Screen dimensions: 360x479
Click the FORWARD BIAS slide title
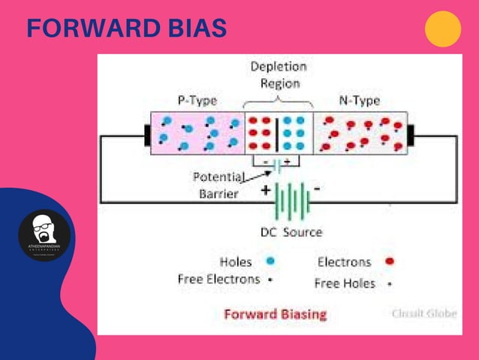coord(126,29)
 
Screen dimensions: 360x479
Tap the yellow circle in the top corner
coord(442,29)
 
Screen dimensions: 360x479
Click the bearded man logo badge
coord(44,235)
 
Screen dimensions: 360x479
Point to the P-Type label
coord(197,100)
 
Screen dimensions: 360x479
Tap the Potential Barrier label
coord(218,186)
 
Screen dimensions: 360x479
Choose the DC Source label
coord(291,232)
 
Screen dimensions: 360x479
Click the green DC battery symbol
coord(291,199)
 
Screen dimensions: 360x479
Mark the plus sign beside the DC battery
coord(266,191)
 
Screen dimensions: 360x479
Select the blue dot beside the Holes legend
coord(270,262)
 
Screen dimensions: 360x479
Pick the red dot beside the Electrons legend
coord(389,262)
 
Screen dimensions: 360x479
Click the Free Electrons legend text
coord(218,279)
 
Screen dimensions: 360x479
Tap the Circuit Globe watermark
coord(423,313)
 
